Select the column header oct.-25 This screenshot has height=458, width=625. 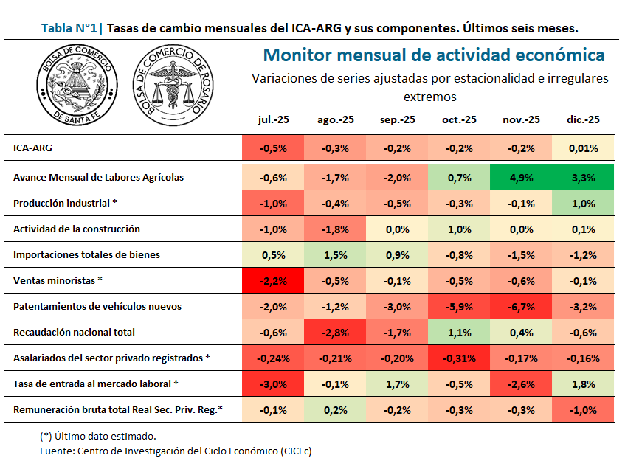click(x=458, y=120)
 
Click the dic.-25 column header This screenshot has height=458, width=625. click(x=583, y=120)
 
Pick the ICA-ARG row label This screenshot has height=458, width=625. click(x=32, y=148)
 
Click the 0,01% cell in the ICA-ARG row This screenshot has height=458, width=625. click(x=583, y=148)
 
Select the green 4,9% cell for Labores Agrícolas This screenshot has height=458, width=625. click(x=521, y=177)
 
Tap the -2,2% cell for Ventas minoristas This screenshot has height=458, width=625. click(x=273, y=280)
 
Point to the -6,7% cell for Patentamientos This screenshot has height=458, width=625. click(x=521, y=306)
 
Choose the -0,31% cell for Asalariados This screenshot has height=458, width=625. click(x=458, y=358)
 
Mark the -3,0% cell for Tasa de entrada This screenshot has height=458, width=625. click(x=273, y=384)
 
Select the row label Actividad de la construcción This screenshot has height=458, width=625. click(x=77, y=229)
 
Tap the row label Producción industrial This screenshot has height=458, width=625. click(x=65, y=203)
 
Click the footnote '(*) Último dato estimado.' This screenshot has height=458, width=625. click(x=97, y=436)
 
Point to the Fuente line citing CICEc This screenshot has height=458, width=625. click(x=176, y=450)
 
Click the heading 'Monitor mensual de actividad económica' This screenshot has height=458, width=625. click(x=434, y=55)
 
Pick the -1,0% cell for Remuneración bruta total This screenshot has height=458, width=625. click(x=583, y=409)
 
